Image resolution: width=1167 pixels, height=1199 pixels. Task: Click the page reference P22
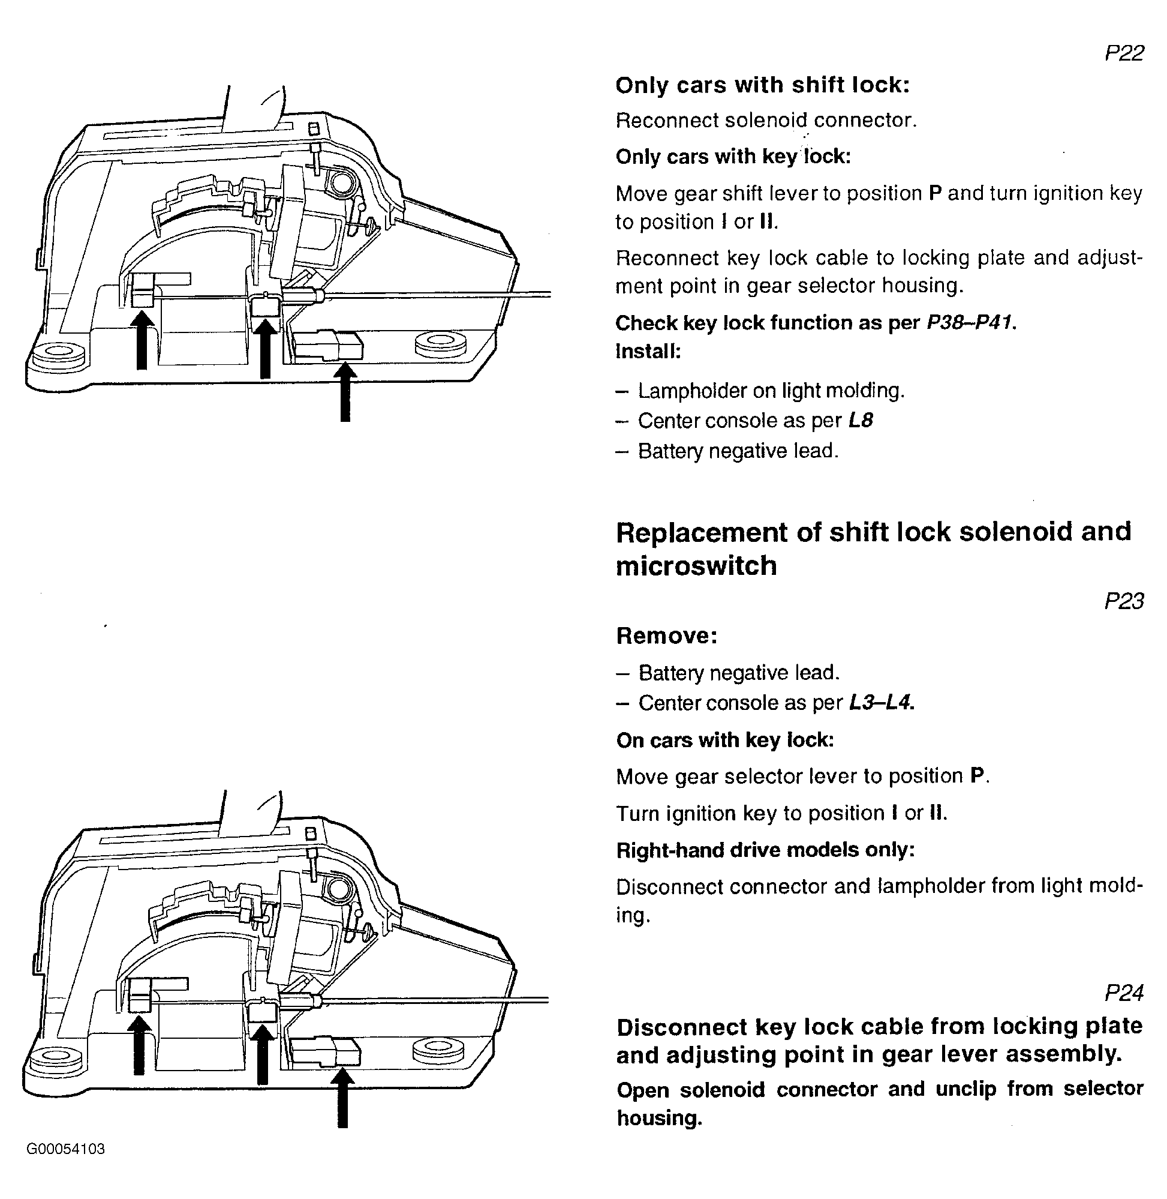1123,53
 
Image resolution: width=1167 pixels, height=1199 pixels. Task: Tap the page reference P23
1123,601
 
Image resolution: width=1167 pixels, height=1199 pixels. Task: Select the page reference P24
1123,993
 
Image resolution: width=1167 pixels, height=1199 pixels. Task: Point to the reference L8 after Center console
860,421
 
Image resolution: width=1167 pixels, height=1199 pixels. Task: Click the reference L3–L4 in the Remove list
882,703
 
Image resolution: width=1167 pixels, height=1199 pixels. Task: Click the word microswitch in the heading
696,566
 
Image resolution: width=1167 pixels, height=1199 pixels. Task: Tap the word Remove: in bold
666,636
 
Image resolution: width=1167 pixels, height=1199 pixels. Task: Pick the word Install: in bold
648,352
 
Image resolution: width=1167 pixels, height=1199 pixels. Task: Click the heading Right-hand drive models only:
765,850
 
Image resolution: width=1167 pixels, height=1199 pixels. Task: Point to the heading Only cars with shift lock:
762,85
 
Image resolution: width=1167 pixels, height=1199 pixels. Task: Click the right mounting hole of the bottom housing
438,1050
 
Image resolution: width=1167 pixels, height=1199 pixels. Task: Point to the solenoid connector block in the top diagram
328,345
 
